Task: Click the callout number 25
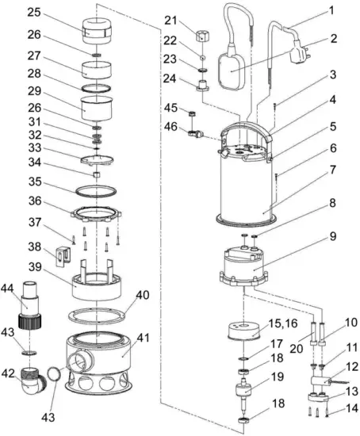coord(32,13)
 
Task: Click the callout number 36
coord(33,202)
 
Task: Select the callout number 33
coord(33,147)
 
